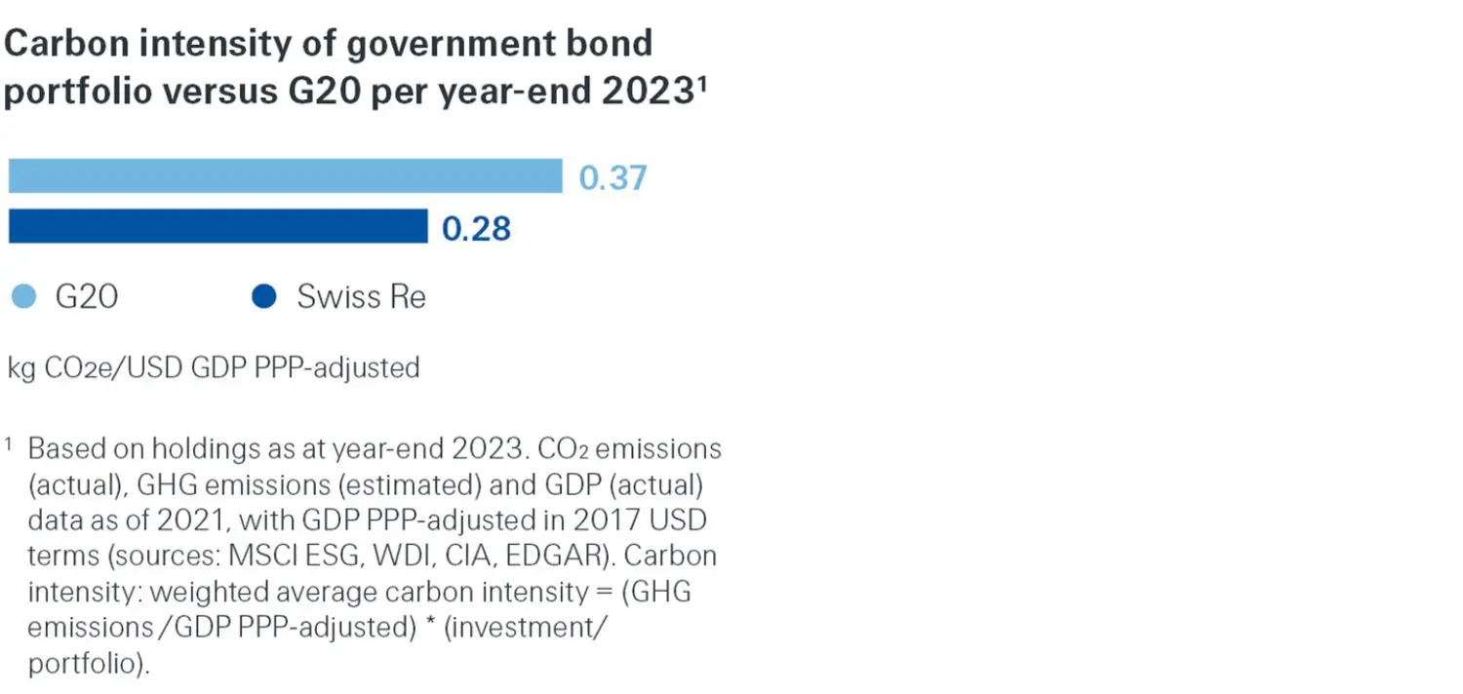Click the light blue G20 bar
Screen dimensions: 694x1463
point(285,176)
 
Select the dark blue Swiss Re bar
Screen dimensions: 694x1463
point(217,226)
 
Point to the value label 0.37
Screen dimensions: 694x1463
point(613,178)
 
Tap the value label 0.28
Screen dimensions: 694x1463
point(476,228)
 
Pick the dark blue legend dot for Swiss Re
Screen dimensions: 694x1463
point(263,296)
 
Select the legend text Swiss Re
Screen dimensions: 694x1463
point(361,296)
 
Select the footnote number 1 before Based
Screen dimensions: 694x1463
point(10,445)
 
